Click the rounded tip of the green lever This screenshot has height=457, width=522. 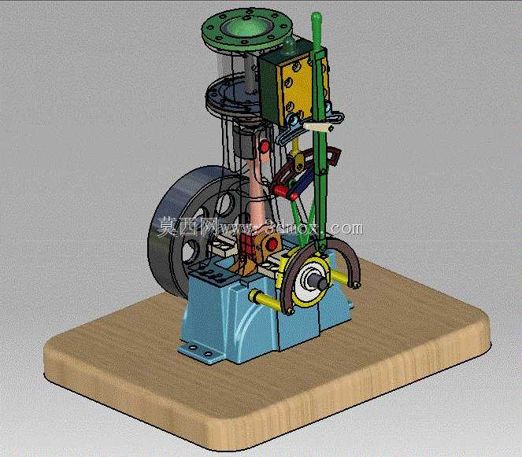(x=317, y=17)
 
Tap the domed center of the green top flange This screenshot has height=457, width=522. (x=246, y=26)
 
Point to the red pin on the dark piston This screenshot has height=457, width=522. (x=265, y=146)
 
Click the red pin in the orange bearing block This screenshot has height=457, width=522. (x=272, y=244)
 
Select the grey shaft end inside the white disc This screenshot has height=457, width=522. (x=319, y=282)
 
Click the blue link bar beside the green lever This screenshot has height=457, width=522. (x=304, y=182)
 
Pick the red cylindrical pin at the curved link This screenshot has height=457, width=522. (x=280, y=190)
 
